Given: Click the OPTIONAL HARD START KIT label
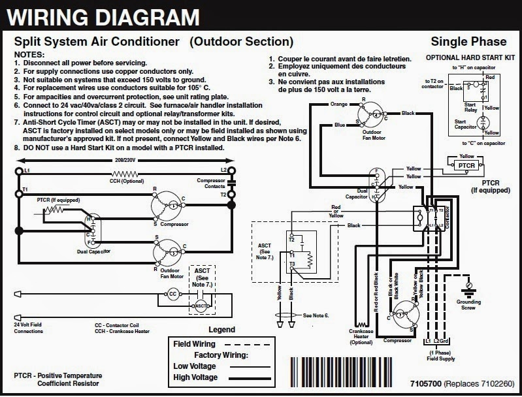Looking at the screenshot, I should pyautogui.click(x=466, y=57).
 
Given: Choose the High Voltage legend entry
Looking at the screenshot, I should pyautogui.click(x=195, y=378).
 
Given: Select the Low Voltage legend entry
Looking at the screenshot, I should pyautogui.click(x=195, y=367).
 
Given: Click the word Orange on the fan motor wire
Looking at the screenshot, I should pyautogui.click(x=338, y=103).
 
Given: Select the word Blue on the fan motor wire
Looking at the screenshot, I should pyautogui.click(x=340, y=125).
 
